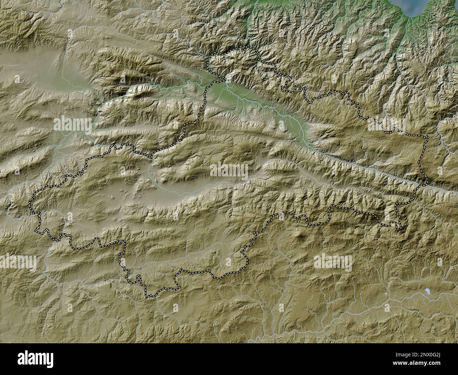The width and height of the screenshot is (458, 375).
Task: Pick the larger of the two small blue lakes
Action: pyautogui.click(x=428, y=291)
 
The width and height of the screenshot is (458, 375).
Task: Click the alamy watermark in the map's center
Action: pyautogui.click(x=229, y=171)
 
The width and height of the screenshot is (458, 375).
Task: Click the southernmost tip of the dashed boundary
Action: pyautogui.click(x=149, y=297)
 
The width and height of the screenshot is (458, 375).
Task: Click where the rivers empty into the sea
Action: pyautogui.click(x=409, y=18)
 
